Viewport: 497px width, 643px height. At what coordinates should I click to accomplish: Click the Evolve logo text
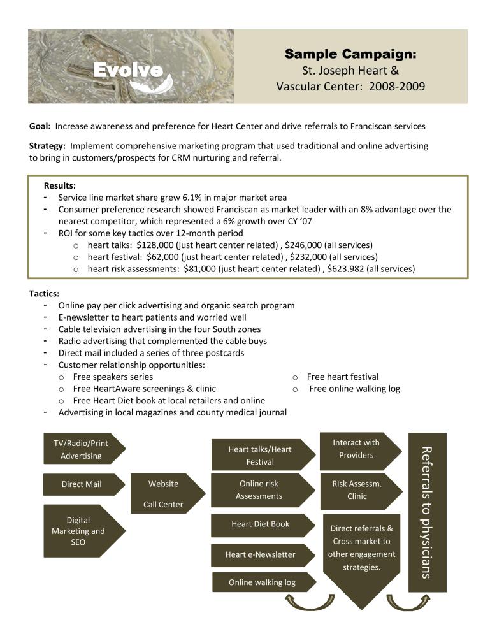128,71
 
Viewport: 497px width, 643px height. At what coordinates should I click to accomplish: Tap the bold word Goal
40,126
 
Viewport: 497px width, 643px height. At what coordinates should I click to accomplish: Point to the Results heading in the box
60,185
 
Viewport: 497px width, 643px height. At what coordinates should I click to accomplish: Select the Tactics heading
44,294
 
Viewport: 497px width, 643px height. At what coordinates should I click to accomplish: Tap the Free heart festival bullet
342,377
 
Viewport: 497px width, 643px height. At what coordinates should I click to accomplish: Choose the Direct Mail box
82,484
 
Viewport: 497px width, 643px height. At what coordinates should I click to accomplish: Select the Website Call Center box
164,494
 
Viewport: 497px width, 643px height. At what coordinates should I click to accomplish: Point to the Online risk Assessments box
260,490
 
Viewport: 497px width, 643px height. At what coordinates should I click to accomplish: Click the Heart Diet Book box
261,524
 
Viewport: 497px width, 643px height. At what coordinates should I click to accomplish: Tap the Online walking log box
262,582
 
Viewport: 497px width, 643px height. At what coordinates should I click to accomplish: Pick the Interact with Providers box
357,449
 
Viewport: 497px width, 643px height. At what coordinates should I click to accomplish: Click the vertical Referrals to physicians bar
427,512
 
